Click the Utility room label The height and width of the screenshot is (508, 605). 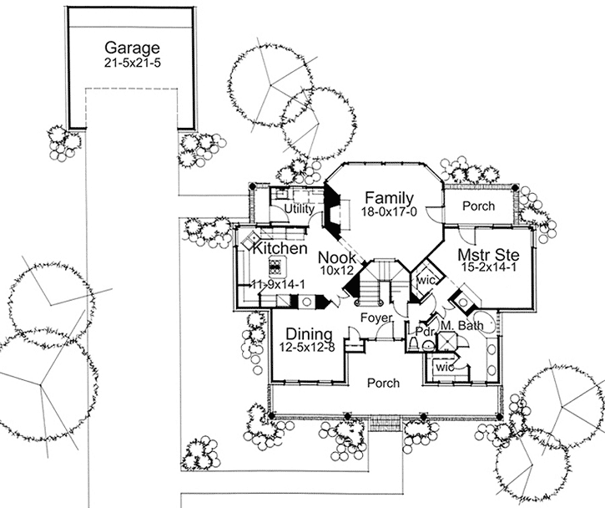pyautogui.click(x=298, y=208)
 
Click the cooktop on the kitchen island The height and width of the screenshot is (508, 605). pyautogui.click(x=276, y=267)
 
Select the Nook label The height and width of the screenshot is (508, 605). pyautogui.click(x=337, y=258)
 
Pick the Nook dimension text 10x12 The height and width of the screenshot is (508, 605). pyautogui.click(x=337, y=272)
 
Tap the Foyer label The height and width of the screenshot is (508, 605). pyautogui.click(x=376, y=317)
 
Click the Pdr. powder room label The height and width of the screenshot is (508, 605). pyautogui.click(x=425, y=331)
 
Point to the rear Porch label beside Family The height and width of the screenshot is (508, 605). pyautogui.click(x=477, y=206)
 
